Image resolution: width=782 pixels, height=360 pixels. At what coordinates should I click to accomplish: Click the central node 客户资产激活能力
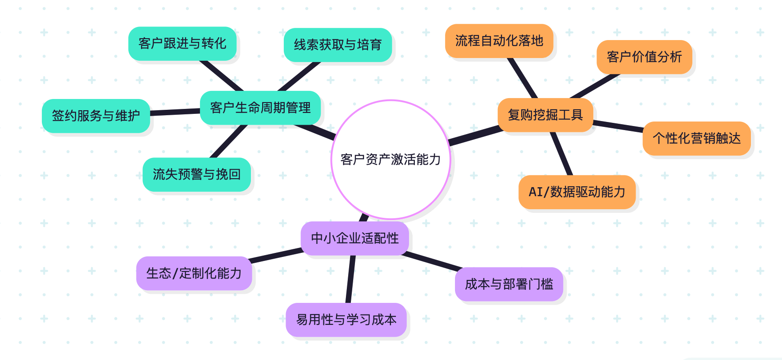point(391,159)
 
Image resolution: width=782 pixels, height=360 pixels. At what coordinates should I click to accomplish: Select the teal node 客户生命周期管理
point(260,108)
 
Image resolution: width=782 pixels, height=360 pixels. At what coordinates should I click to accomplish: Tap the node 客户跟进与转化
point(182,44)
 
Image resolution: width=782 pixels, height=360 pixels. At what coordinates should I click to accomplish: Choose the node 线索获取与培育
point(338,45)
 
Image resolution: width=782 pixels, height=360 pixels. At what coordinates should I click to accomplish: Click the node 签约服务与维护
point(96,116)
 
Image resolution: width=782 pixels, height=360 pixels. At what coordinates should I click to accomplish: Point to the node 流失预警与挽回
point(197,175)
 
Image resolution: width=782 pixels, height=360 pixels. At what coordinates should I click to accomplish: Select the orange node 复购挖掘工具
point(545,115)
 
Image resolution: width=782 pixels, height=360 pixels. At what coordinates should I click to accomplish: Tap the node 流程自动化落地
point(499,41)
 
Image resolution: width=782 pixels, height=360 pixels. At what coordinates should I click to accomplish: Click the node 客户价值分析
point(644,57)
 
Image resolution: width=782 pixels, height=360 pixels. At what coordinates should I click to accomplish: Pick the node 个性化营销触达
point(696,139)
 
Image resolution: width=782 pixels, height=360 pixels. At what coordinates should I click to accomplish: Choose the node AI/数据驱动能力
point(577,192)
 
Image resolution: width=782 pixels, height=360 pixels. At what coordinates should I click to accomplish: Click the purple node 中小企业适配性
point(355,238)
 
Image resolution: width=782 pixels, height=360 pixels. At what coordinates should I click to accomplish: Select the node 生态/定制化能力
point(194,274)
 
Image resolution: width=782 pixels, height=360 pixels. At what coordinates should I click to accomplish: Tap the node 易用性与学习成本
point(346,320)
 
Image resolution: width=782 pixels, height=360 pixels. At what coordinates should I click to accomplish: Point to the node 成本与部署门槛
point(509,284)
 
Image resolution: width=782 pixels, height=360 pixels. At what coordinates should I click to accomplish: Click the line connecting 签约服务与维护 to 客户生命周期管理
point(175,112)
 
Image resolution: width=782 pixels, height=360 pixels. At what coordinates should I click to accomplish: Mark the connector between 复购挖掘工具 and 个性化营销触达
point(618,126)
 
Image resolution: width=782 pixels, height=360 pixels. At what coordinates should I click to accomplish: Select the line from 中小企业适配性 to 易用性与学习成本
point(350,279)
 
